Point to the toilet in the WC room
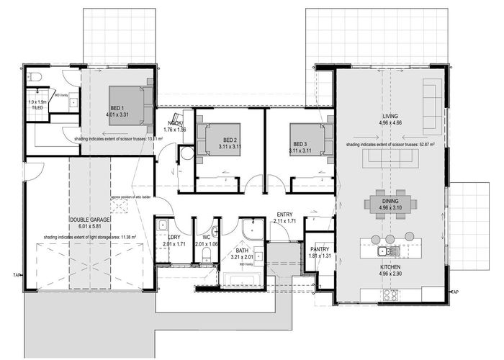coord(207,255)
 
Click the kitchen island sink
coord(387,251)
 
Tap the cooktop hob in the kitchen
coord(392,294)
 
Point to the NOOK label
coord(176,123)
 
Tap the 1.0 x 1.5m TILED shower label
coord(37,104)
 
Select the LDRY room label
coord(174,237)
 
